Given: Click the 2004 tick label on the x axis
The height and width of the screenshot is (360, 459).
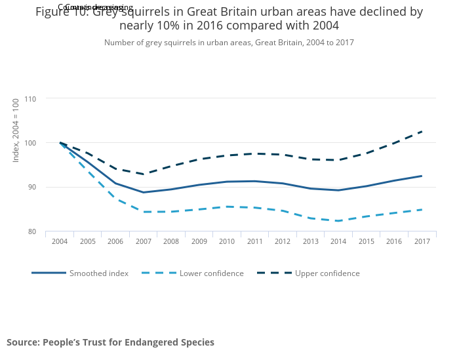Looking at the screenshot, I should tap(60, 241).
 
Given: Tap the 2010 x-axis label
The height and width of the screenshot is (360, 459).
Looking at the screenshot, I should tap(227, 241).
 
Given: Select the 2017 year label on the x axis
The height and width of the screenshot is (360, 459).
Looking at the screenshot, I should tap(422, 241).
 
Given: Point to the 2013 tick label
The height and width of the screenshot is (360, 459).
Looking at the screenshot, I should tap(311, 241).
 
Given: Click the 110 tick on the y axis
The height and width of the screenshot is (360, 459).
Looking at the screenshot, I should tap(30, 99).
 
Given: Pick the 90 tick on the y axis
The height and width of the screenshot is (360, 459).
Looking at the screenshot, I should tap(31, 188).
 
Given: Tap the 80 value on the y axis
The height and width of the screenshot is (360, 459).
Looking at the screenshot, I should tap(31, 231).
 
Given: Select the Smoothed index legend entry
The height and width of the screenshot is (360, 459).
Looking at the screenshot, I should tap(98, 273).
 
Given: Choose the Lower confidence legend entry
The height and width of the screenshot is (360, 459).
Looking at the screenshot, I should tap(211, 273).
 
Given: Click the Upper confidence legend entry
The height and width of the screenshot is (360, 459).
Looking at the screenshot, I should tap(327, 273).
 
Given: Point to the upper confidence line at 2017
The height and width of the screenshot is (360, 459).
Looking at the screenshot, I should tap(422, 131).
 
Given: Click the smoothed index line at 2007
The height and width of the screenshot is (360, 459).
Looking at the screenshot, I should tap(144, 192).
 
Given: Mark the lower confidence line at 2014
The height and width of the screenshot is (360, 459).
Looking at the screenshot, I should tap(338, 221).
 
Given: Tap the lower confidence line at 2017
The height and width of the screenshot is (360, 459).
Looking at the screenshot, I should tap(422, 210).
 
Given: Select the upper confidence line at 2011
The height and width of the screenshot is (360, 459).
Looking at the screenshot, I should tap(255, 153).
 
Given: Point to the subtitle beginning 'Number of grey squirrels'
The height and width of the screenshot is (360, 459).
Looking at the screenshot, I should tap(229, 43).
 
